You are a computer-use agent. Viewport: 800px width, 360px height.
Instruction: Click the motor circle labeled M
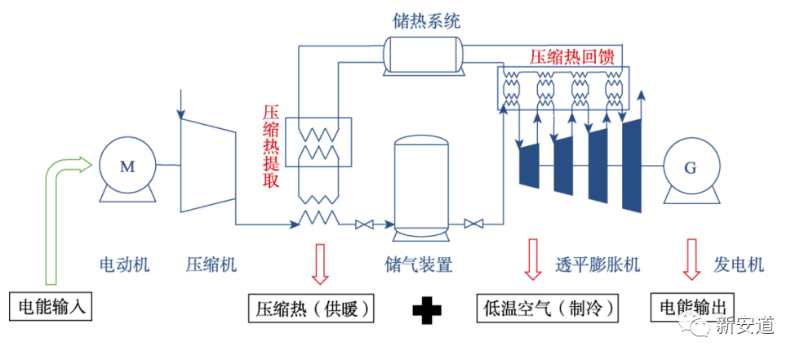[x=127, y=167]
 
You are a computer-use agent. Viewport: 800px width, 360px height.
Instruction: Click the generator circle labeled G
[x=691, y=168]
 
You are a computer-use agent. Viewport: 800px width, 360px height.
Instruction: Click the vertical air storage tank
[x=421, y=184]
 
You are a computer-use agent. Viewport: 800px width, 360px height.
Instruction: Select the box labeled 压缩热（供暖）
[x=314, y=309]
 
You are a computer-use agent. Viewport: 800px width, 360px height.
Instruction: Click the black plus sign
[x=426, y=310]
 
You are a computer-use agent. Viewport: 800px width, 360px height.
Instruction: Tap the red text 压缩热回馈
[x=571, y=57]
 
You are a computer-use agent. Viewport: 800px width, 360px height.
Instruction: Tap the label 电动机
[x=124, y=264]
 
